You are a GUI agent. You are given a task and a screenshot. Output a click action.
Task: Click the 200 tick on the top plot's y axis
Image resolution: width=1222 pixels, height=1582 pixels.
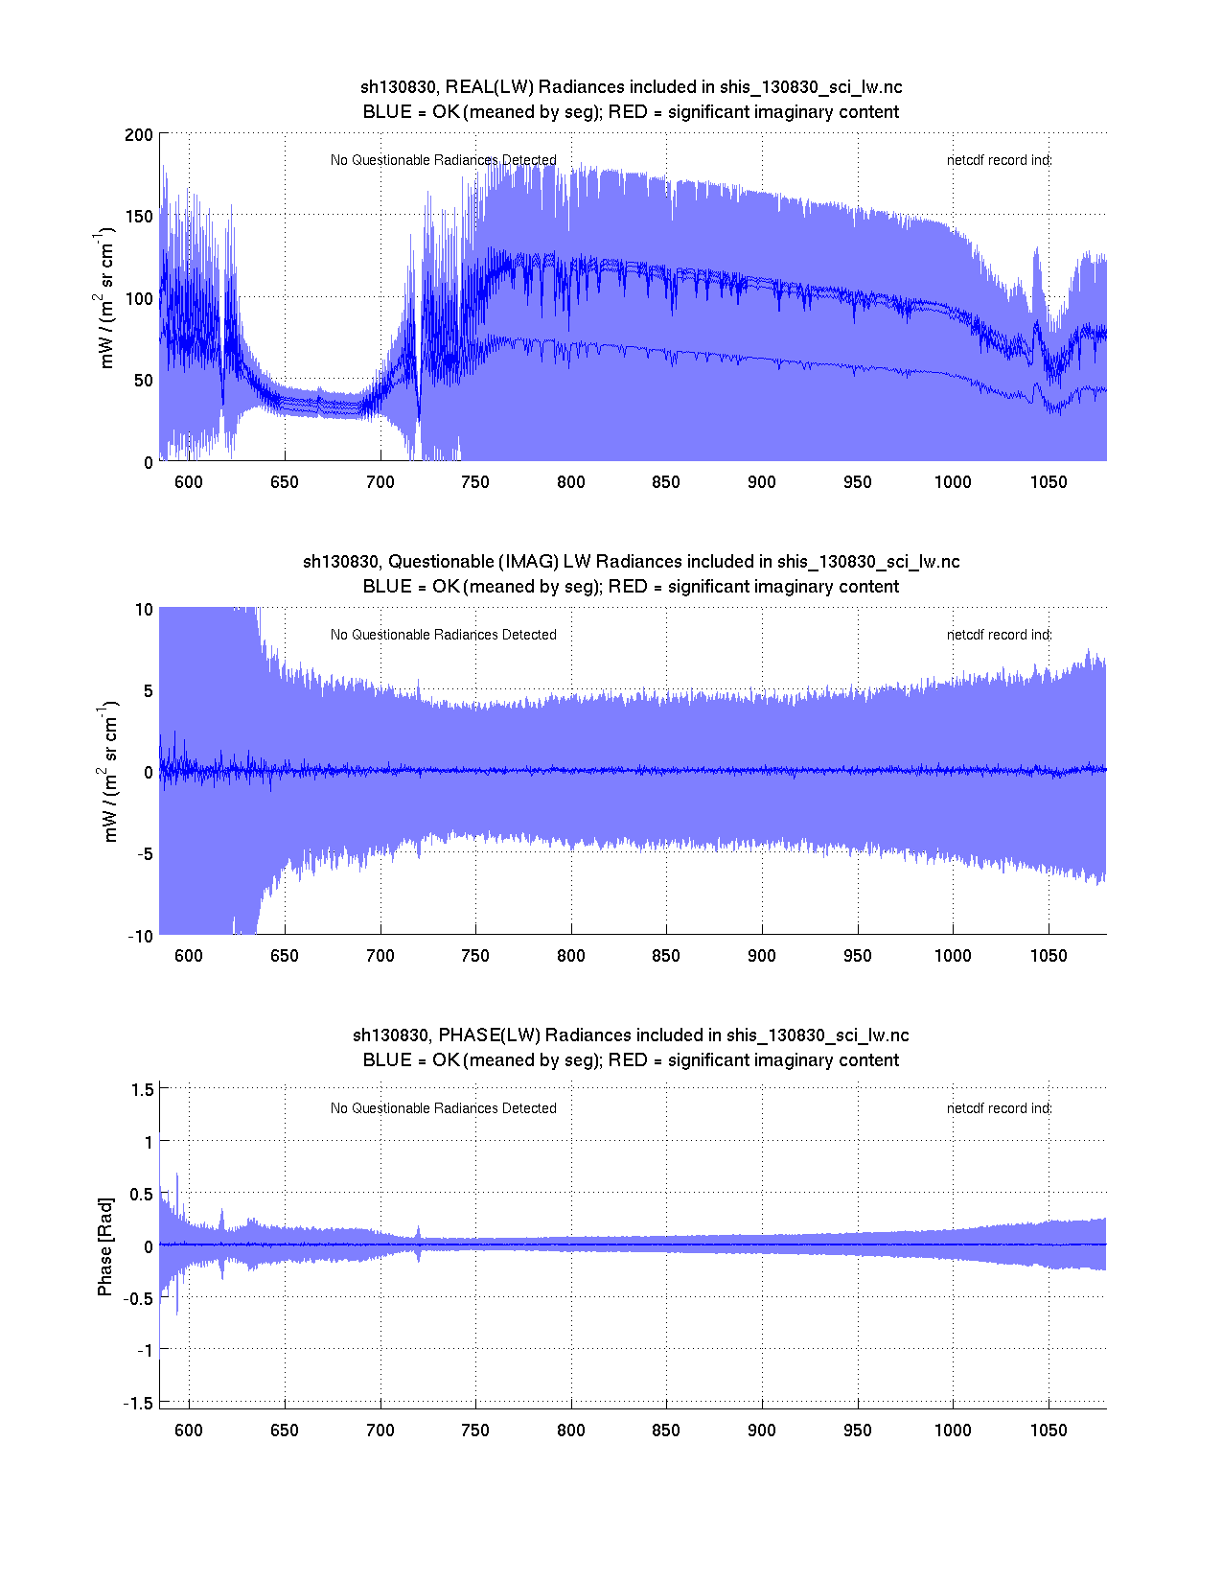pos(139,134)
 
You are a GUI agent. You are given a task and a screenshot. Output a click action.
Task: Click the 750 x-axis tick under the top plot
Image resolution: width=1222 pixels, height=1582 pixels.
pos(475,482)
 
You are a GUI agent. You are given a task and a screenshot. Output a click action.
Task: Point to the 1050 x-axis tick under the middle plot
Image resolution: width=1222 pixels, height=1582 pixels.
pos(1049,956)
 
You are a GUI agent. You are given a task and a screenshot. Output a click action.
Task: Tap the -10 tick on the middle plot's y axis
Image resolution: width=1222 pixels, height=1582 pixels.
pos(140,937)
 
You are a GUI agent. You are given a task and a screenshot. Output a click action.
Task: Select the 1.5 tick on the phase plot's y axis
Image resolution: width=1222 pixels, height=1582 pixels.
pos(143,1089)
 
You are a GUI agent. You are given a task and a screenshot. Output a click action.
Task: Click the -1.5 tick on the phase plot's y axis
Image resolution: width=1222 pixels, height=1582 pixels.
pos(139,1403)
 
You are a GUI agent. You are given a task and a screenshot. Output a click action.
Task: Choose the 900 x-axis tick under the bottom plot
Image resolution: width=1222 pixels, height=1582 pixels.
pos(762,1431)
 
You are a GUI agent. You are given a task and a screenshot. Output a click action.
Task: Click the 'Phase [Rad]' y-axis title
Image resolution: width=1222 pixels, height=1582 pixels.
pos(105,1246)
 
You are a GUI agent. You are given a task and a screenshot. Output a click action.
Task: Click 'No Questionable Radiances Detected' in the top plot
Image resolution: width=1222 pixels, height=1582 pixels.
pos(443,160)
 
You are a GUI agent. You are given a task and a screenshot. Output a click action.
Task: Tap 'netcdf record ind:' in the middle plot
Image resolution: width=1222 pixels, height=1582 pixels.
pos(999,635)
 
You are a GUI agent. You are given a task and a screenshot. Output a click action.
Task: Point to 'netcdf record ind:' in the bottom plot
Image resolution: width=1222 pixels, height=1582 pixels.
pos(999,1108)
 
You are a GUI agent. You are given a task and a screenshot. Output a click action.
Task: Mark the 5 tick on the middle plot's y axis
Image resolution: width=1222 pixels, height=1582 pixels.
pos(148,690)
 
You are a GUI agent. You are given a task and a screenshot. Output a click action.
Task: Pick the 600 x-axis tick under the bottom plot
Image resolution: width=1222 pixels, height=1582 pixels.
pos(189,1431)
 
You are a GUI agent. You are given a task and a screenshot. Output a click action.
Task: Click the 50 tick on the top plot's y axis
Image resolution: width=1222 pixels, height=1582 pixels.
pos(143,381)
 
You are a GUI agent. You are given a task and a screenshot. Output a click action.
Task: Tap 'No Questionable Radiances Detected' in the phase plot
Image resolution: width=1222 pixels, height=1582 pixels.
pos(443,1108)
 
